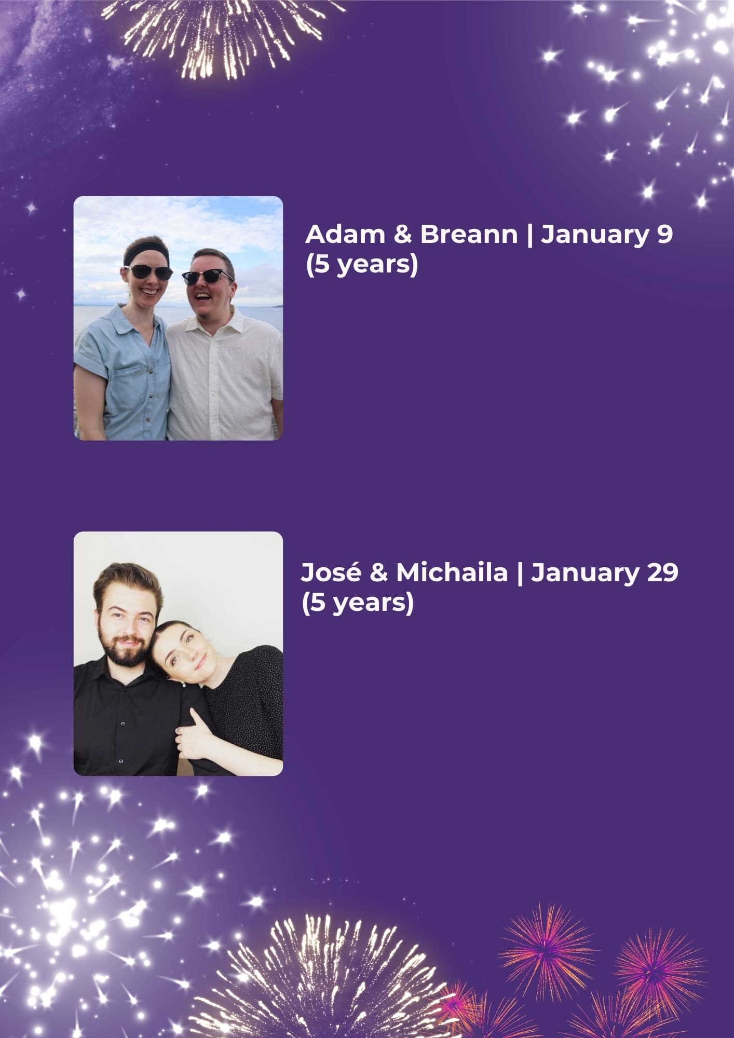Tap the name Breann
pyautogui.click(x=469, y=234)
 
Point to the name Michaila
pyautogui.click(x=452, y=572)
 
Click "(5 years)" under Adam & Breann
pyautogui.click(x=361, y=265)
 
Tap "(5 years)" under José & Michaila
pyautogui.click(x=357, y=603)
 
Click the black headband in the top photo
pyautogui.click(x=146, y=253)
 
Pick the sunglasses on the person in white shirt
pyautogui.click(x=207, y=276)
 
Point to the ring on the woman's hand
pyautogui.click(x=179, y=731)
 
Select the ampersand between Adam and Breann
pyautogui.click(x=402, y=234)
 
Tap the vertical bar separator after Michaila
pyautogui.click(x=519, y=572)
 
